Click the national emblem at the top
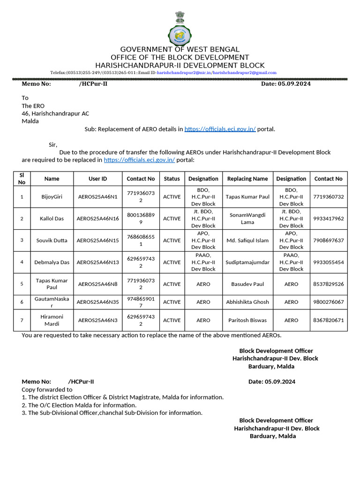pyautogui.click(x=180, y=17)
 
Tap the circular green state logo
pyautogui.click(x=180, y=35)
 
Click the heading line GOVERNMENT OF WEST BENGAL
pyautogui.click(x=180, y=49)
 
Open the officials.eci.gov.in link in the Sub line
pyautogui.click(x=220, y=129)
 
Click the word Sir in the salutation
pyautogui.click(x=53, y=145)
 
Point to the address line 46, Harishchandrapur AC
pyautogui.click(x=55, y=113)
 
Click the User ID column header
pyautogui.click(x=97, y=179)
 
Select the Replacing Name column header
pyautogui.click(x=247, y=179)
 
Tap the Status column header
pyautogui.click(x=172, y=179)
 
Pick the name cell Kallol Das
pyautogui.click(x=52, y=218)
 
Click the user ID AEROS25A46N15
pyautogui.click(x=97, y=240)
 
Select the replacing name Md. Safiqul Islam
pyautogui.click(x=247, y=240)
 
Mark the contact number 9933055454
pyautogui.click(x=328, y=262)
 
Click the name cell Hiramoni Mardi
pyautogui.click(x=52, y=320)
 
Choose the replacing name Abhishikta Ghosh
pyautogui.click(x=247, y=302)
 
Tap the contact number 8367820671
pyautogui.click(x=328, y=320)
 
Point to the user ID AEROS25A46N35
pyautogui.click(x=97, y=302)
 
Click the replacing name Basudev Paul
pyautogui.click(x=247, y=284)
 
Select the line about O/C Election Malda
pyautogui.click(x=79, y=405)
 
